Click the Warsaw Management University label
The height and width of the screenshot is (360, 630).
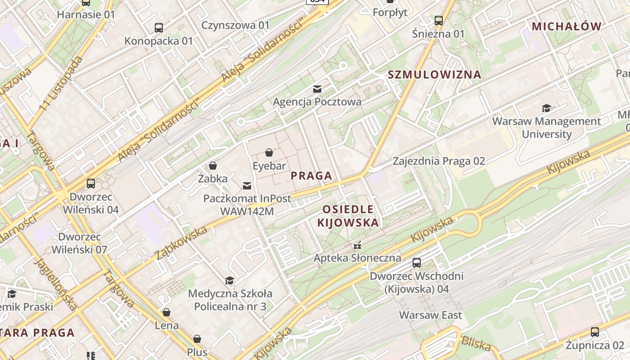pos(546,127)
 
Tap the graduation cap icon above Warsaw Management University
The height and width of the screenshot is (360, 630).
pos(546,108)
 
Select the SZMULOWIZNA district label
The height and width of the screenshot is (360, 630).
pos(434,75)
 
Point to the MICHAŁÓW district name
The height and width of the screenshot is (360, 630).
pos(567,27)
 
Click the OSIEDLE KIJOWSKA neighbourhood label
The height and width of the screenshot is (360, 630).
pos(348,216)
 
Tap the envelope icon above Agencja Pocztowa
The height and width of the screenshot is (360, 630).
pos(317,89)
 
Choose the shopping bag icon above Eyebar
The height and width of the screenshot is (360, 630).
pos(269,153)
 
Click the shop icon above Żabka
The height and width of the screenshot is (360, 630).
pos(213,166)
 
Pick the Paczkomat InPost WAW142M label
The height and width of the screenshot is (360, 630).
pos(247,204)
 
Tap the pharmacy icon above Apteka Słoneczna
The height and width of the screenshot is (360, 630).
pos(357,246)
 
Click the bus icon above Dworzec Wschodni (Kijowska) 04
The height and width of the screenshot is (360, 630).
pos(417,263)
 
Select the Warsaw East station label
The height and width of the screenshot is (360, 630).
pos(431,315)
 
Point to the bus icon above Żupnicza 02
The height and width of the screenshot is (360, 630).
pos(595,332)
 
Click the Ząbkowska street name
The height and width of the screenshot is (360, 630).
pos(181,243)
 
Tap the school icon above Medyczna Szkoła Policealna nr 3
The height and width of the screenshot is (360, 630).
pos(230,281)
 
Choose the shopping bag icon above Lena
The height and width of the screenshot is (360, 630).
pos(166,312)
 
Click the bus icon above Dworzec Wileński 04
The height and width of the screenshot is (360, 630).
pos(91,184)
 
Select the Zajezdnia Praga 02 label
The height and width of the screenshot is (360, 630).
pos(439,161)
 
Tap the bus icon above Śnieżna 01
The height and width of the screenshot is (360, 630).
pos(439,21)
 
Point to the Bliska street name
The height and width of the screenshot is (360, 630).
pos(476,344)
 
